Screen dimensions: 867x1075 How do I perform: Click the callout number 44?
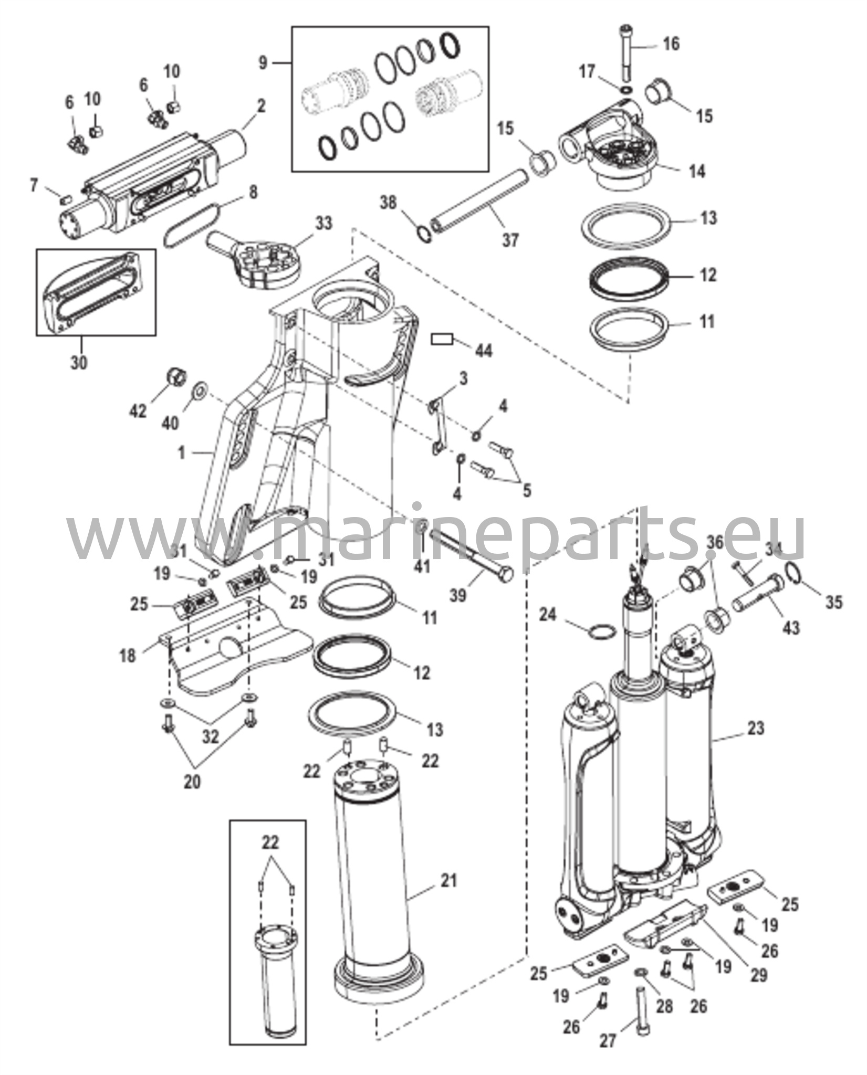(483, 350)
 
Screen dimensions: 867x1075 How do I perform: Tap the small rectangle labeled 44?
(442, 340)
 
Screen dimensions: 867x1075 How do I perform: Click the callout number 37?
(510, 240)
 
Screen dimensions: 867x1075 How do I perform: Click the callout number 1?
(182, 452)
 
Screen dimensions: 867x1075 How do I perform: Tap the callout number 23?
(756, 728)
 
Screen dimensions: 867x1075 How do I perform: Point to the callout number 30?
(79, 362)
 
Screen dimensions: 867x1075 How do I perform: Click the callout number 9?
(263, 63)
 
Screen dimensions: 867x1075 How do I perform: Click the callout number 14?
(696, 171)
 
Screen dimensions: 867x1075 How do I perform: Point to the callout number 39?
(458, 596)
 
